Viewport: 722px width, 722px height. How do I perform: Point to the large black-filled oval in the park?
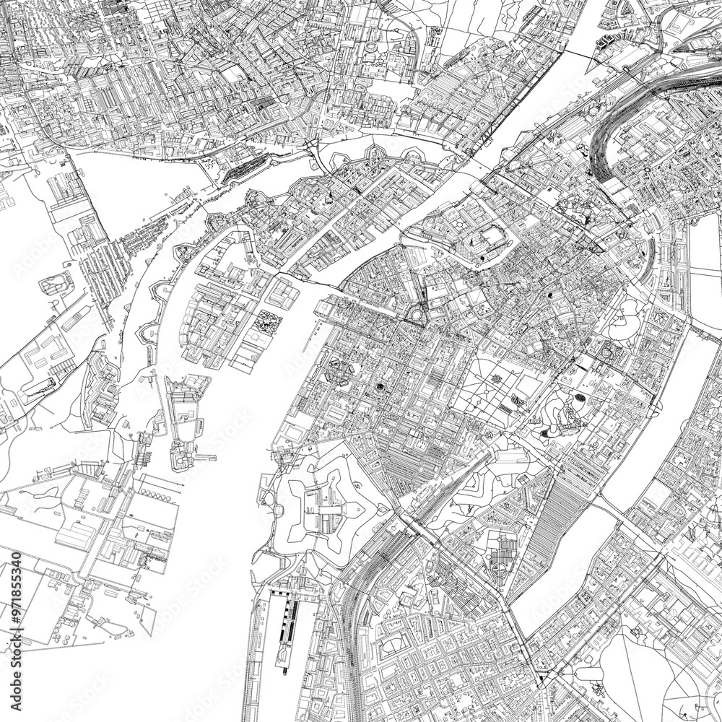coord(580,402)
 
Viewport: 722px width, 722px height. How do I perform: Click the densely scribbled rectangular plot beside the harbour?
coord(266,321)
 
